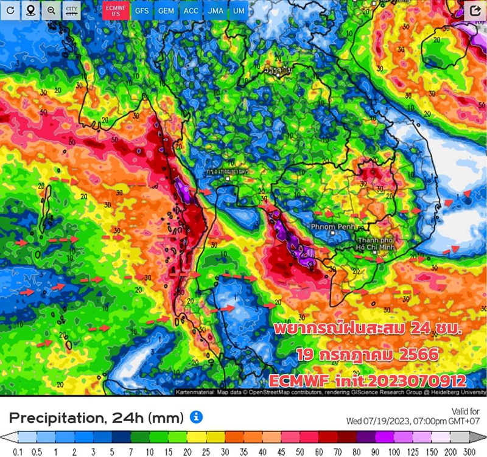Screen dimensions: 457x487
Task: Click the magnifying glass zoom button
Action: (51, 11)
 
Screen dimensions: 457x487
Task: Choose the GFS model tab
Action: (141, 11)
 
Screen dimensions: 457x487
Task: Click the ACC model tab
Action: (191, 11)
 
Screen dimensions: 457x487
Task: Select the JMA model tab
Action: (215, 11)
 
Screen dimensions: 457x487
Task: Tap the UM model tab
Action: (236, 11)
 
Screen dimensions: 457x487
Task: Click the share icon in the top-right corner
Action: (474, 11)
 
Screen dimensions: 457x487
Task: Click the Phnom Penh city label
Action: (332, 226)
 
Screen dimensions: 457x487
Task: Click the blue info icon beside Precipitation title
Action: (196, 417)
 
